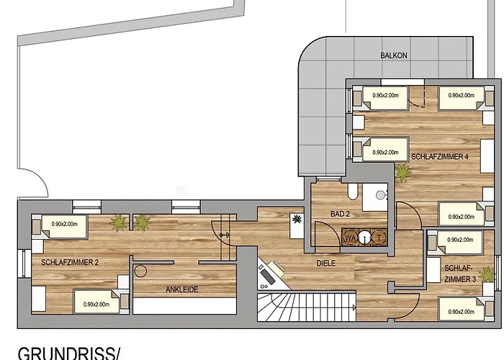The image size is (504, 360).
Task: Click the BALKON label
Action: click(x=395, y=55)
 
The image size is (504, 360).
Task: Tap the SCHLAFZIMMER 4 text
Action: click(x=440, y=156)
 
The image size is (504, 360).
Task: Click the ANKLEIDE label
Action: click(x=181, y=289)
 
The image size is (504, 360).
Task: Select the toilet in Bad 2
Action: click(x=353, y=192)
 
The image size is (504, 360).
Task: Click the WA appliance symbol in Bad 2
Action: click(x=351, y=237)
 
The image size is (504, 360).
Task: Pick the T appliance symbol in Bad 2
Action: click(x=380, y=237)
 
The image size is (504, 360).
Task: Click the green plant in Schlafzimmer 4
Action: click(x=402, y=172)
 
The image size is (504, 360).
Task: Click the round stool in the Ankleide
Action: click(x=141, y=271)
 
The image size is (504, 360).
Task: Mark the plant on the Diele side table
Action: click(x=295, y=218)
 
